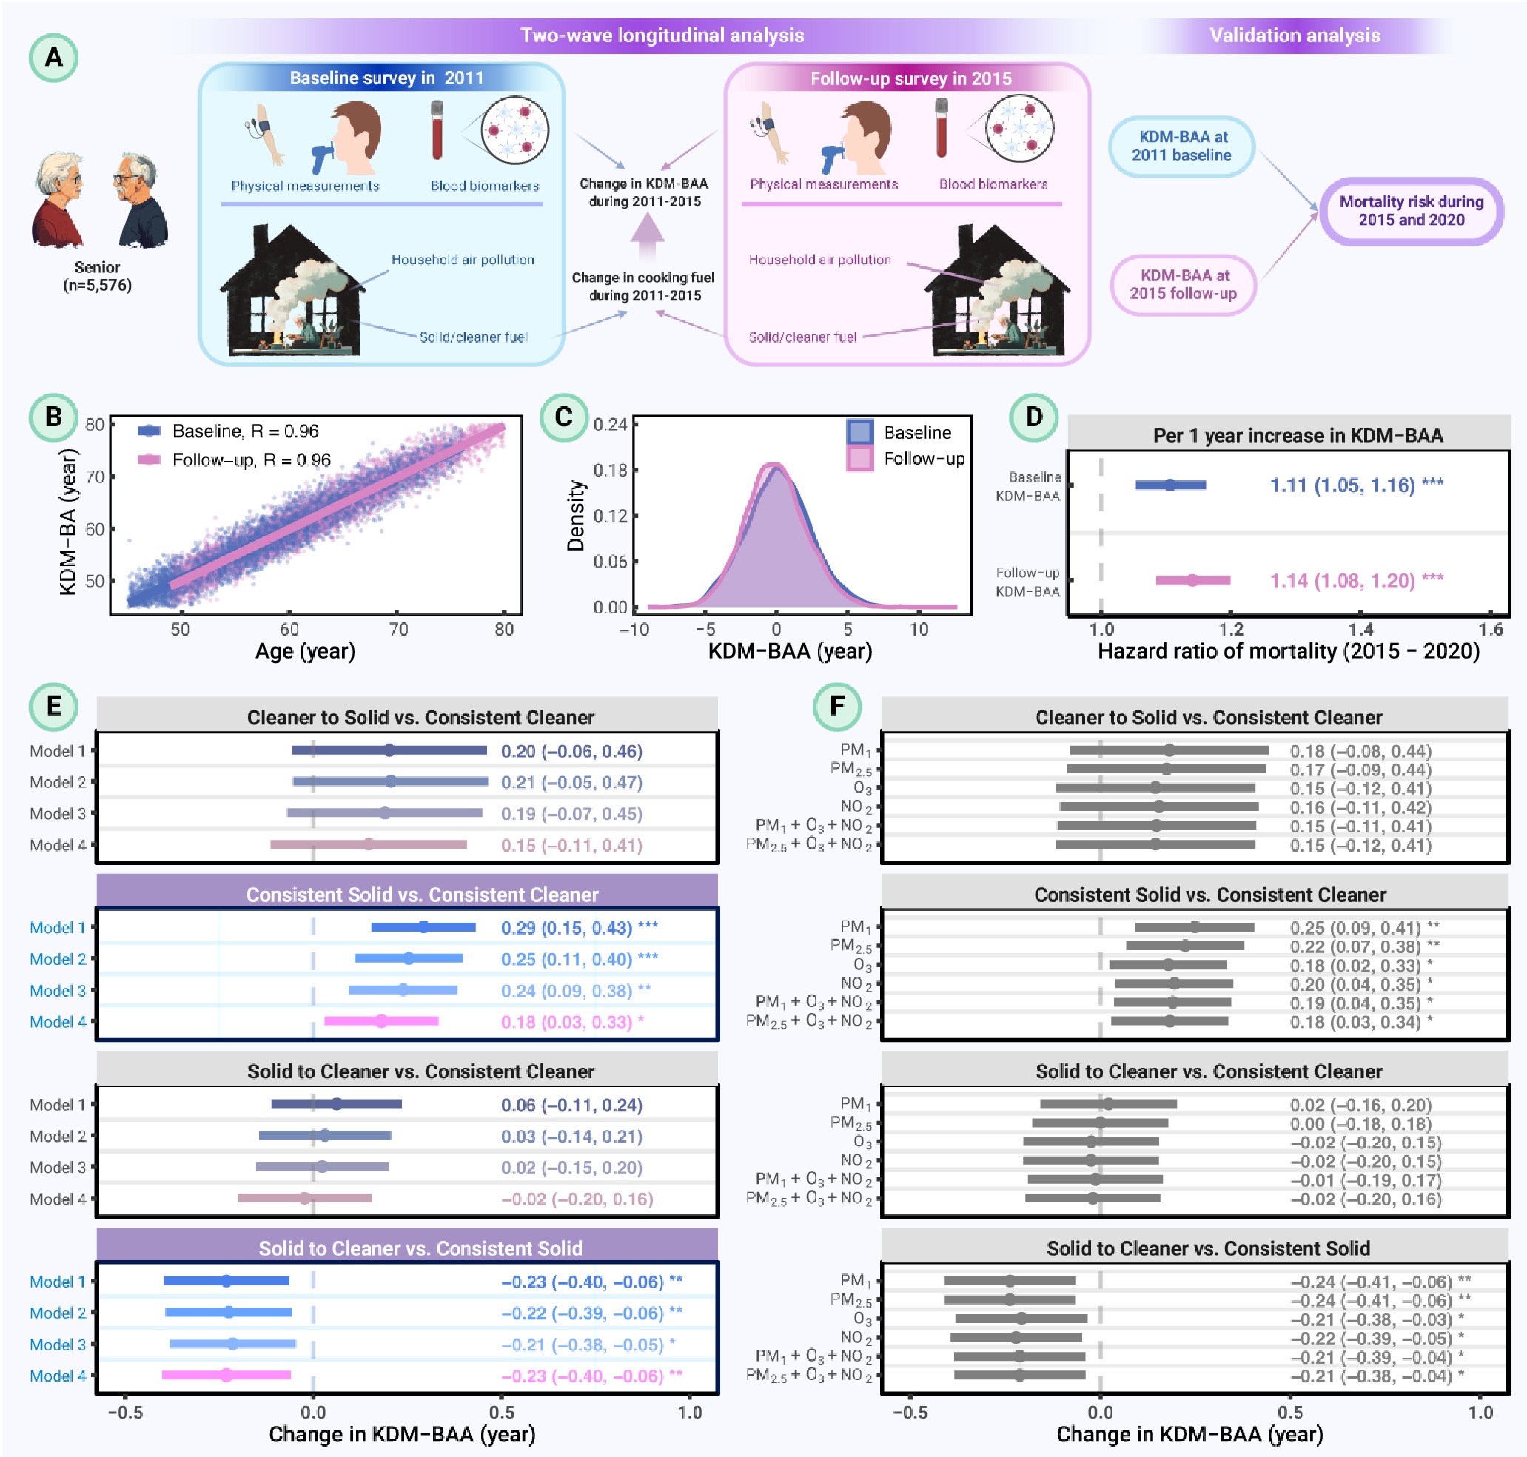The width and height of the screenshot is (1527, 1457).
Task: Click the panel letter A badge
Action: [53, 58]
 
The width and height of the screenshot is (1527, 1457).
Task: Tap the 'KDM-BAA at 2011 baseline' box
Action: [1181, 146]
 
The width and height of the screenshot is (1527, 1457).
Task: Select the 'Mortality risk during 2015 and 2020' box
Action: [1412, 210]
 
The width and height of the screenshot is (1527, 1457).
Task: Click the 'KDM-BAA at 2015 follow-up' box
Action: [1182, 284]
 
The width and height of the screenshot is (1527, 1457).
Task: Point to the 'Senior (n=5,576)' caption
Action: [97, 276]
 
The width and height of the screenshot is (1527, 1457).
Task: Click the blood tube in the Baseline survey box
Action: [437, 129]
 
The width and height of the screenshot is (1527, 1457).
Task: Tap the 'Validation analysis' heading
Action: [1295, 36]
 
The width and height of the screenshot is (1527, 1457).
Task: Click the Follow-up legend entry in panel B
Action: [235, 460]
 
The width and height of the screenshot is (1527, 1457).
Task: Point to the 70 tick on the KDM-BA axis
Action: [95, 477]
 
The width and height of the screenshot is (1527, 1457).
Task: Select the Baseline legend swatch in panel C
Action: [859, 432]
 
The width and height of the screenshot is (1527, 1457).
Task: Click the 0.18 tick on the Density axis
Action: [610, 470]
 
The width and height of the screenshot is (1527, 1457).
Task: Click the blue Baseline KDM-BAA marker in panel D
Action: [1169, 485]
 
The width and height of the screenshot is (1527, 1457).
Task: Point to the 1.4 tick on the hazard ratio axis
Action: [1360, 629]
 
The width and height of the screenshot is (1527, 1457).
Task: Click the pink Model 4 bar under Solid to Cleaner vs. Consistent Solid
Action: [226, 1375]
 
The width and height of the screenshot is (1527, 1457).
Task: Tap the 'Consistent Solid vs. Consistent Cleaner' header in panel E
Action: [422, 894]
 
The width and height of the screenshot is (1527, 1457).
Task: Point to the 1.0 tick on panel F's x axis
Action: [1480, 1412]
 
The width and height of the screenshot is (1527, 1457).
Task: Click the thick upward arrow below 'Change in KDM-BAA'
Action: [646, 238]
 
